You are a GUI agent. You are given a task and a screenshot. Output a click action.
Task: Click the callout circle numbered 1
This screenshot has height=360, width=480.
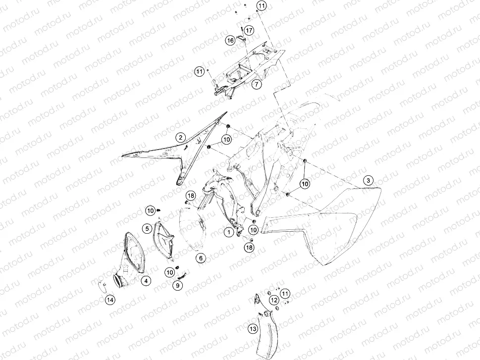pyautogui.click(x=229, y=232)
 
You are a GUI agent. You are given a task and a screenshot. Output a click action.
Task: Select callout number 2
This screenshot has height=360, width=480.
pyautogui.click(x=181, y=137)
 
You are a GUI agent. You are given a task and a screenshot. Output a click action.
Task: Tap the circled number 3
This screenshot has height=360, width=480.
pyautogui.click(x=368, y=180)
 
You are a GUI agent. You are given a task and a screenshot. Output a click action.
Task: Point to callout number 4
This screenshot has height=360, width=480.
pyautogui.click(x=146, y=280)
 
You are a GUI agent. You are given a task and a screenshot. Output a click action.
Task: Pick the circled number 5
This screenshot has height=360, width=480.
pyautogui.click(x=147, y=228)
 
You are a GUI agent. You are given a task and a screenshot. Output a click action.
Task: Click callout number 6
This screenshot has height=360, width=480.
pyautogui.click(x=201, y=258)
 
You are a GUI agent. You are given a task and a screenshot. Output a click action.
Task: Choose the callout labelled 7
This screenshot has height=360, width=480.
pyautogui.click(x=257, y=84)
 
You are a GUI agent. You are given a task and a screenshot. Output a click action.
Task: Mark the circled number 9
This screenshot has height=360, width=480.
pyautogui.click(x=177, y=286)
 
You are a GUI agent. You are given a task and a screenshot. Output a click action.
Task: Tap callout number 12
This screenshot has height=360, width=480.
pyautogui.click(x=274, y=301)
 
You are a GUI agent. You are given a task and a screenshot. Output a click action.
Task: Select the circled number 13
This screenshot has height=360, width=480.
pyautogui.click(x=253, y=329)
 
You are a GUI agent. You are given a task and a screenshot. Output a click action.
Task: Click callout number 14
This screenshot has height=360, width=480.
pyautogui.click(x=110, y=300)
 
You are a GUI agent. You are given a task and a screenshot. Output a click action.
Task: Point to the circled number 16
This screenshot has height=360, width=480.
pyautogui.click(x=230, y=40)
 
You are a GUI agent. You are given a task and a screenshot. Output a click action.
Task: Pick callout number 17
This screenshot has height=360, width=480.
pyautogui.click(x=249, y=30)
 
